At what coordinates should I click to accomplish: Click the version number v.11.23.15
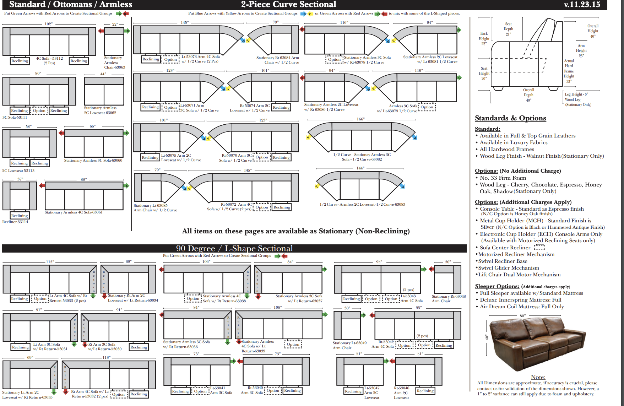pyautogui.click(x=582, y=5)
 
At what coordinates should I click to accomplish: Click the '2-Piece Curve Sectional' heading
pyautogui.click(x=288, y=4)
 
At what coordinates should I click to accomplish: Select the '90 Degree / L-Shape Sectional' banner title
pyautogui.click(x=234, y=248)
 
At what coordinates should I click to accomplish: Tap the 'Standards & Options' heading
pyautogui.click(x=510, y=118)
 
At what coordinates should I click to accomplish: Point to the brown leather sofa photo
pyautogui.click(x=536, y=343)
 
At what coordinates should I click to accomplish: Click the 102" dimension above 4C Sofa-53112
pyautogui.click(x=49, y=24)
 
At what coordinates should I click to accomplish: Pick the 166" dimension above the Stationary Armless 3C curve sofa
pyautogui.click(x=360, y=119)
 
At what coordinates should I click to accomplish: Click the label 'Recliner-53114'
pyautogui.click(x=15, y=222)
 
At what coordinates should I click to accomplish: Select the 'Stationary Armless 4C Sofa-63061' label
pyautogui.click(x=74, y=212)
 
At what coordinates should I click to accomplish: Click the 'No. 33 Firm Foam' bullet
pyautogui.click(x=503, y=178)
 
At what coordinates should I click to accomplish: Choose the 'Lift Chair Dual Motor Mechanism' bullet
pyautogui.click(x=519, y=275)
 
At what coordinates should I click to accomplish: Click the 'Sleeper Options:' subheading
pyautogui.click(x=497, y=286)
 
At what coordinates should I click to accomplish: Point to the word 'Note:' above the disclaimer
pyautogui.click(x=538, y=377)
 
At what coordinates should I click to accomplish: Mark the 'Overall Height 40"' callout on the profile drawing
pyautogui.click(x=593, y=31)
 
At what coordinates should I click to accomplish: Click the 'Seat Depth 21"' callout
pyautogui.click(x=508, y=29)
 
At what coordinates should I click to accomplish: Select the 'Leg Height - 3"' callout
pyautogui.click(x=576, y=94)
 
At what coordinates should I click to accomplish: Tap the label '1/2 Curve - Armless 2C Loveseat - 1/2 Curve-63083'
pyautogui.click(x=362, y=204)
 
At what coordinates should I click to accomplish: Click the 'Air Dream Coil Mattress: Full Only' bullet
pyautogui.click(x=522, y=307)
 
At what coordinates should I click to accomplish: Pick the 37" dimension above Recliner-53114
pyautogui.click(x=20, y=179)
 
